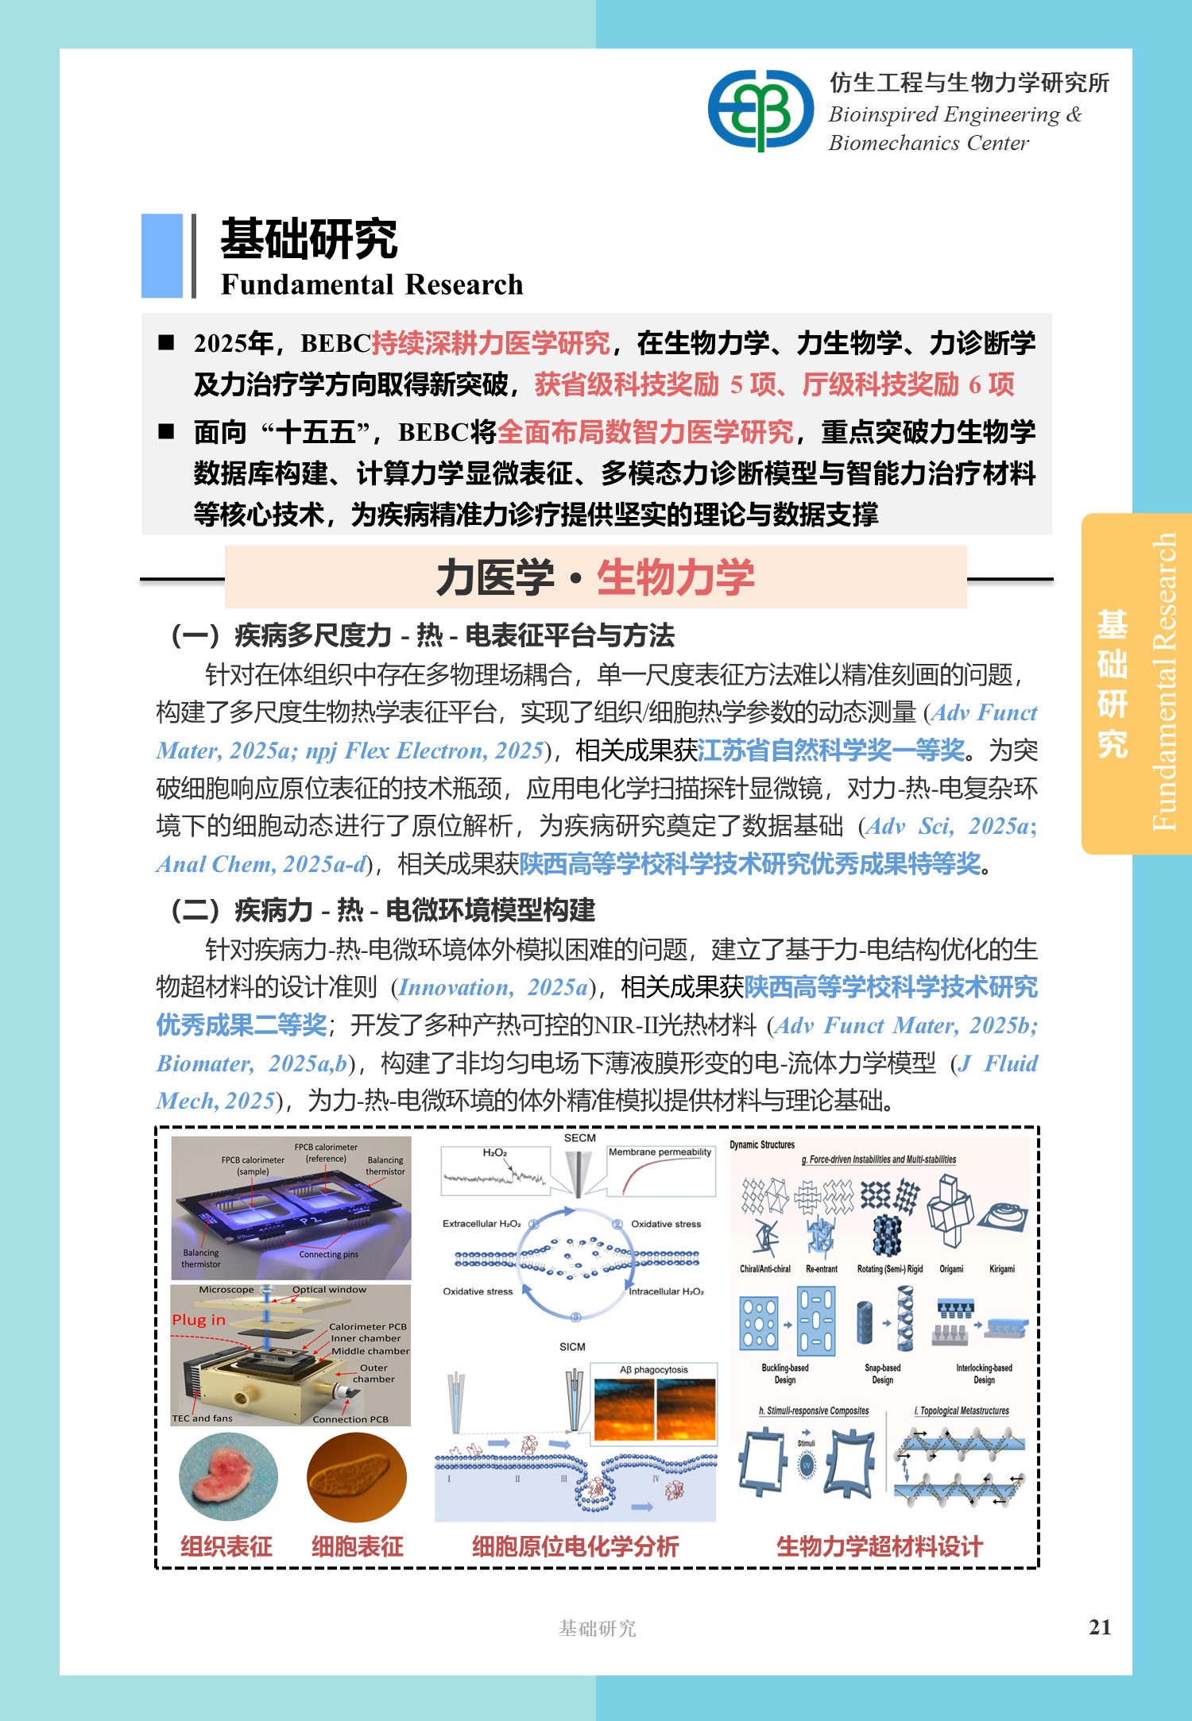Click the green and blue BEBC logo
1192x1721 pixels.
tap(760, 110)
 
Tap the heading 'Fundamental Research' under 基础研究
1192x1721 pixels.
tap(372, 284)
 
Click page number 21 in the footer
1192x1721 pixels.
tap(1100, 1626)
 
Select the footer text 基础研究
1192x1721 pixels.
tap(597, 1628)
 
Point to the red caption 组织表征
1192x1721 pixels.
tap(226, 1545)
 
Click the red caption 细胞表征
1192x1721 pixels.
tap(357, 1545)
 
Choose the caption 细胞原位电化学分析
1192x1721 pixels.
tap(575, 1545)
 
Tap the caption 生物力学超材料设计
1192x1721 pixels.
tap(880, 1545)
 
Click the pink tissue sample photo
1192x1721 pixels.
tap(228, 1478)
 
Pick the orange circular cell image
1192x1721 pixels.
tap(357, 1478)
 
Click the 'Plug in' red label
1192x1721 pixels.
tap(199, 1320)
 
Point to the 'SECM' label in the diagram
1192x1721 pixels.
tap(579, 1138)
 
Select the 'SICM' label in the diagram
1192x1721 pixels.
tap(572, 1347)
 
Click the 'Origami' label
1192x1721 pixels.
tap(951, 1269)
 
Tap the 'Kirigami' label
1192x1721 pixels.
tap(1002, 1269)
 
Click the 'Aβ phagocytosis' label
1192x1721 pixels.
tap(654, 1370)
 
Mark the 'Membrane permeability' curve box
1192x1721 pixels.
tap(660, 1171)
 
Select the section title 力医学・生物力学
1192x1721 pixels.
tap(595, 577)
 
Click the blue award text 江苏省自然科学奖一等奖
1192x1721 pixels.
tap(831, 750)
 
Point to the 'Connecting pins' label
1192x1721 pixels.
tap(328, 1255)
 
